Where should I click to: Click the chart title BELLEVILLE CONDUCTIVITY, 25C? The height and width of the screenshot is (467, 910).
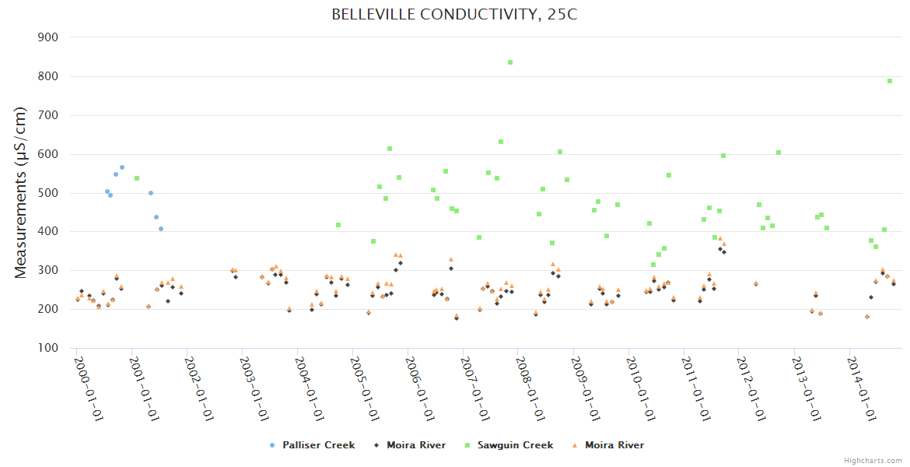(x=454, y=14)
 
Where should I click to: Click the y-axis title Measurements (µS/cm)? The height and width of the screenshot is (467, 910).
(x=21, y=192)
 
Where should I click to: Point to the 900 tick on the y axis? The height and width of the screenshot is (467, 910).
(x=48, y=37)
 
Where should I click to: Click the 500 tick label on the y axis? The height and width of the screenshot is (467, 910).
(x=48, y=193)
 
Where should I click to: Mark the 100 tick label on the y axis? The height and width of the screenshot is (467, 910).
(x=48, y=348)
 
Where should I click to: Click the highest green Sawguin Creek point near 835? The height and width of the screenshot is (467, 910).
(x=510, y=62)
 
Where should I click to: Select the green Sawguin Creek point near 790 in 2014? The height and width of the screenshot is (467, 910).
(x=890, y=81)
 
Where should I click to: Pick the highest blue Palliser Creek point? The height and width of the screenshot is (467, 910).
(x=122, y=167)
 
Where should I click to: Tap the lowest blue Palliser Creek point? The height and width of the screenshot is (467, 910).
(x=161, y=229)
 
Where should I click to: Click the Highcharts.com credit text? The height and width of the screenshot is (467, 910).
(x=873, y=460)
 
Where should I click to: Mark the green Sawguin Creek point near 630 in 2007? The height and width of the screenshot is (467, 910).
(x=501, y=142)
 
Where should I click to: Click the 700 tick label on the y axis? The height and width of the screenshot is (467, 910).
(x=48, y=115)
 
